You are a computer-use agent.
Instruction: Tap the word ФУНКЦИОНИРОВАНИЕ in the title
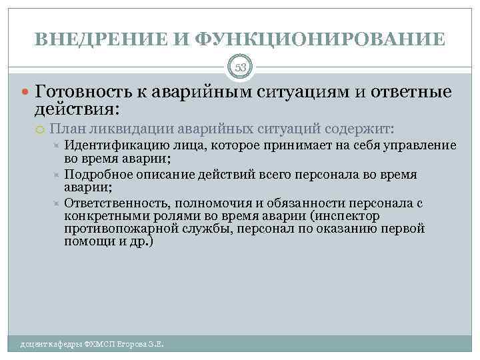click(321, 39)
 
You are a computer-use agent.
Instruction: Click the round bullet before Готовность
click(26, 92)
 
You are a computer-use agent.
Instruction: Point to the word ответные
click(411, 91)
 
